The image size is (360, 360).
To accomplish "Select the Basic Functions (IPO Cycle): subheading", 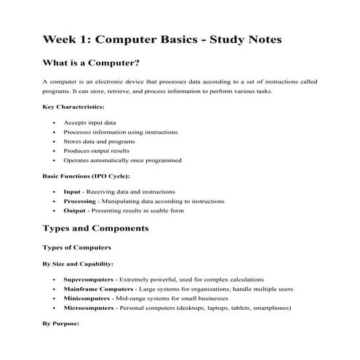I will pyautogui.click(x=92, y=176).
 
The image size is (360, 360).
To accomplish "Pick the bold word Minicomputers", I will pyautogui.click(x=87, y=298).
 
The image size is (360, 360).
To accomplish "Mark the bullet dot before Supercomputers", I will pyautogui.click(x=56, y=279).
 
